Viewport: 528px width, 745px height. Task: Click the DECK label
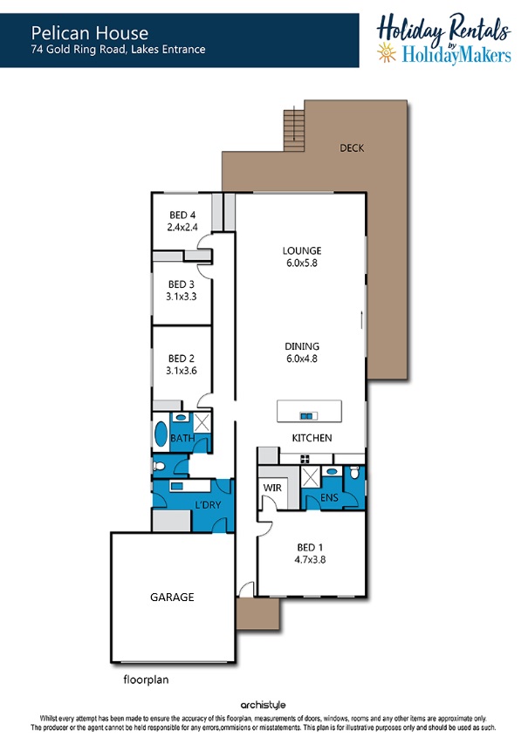pyautogui.click(x=352, y=148)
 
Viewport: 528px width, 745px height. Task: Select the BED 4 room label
pyautogui.click(x=182, y=215)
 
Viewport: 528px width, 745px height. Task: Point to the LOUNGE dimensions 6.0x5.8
pyautogui.click(x=302, y=263)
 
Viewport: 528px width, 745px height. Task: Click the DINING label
pyautogui.click(x=302, y=346)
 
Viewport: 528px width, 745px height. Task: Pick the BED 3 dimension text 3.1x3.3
pyautogui.click(x=181, y=297)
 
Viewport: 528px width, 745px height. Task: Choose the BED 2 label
pyautogui.click(x=181, y=359)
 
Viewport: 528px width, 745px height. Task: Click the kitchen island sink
pyautogui.click(x=308, y=416)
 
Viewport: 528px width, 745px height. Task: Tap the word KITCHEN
pyautogui.click(x=312, y=438)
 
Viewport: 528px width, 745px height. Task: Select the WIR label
pyautogui.click(x=272, y=488)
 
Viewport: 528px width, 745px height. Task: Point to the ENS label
pyautogui.click(x=329, y=497)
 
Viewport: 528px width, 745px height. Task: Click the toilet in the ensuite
pyautogui.click(x=354, y=472)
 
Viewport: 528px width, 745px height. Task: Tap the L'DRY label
pyautogui.click(x=209, y=504)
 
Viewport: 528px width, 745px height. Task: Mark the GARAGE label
pyautogui.click(x=172, y=598)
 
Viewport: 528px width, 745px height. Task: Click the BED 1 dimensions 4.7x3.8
pyautogui.click(x=310, y=560)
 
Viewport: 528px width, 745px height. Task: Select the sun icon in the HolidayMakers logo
pyautogui.click(x=387, y=51)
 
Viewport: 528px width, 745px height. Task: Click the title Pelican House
pyautogui.click(x=90, y=33)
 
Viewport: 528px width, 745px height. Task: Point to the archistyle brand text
pyautogui.click(x=263, y=705)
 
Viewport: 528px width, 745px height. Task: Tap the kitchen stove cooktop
pyautogui.click(x=305, y=459)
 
